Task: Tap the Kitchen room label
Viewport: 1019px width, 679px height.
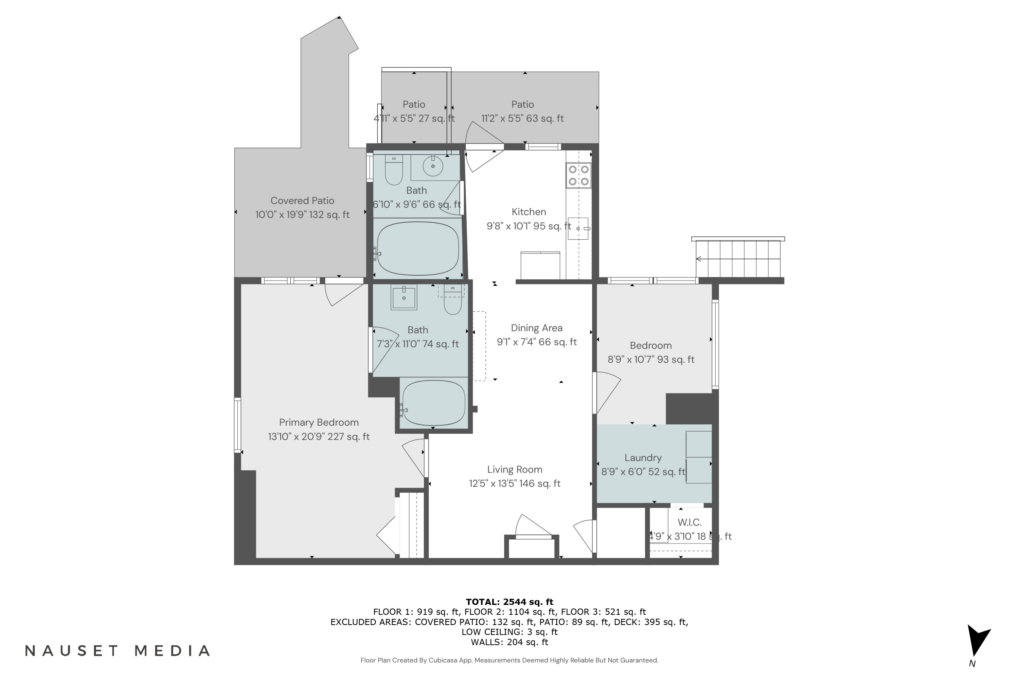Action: coord(529,212)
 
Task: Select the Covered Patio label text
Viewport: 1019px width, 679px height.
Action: coord(302,201)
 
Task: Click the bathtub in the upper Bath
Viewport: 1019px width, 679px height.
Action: coord(418,249)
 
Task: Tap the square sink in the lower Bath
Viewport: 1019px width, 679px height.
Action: coord(404,297)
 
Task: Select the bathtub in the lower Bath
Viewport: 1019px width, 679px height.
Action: coord(433,403)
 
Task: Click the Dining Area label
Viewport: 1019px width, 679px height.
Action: coord(536,328)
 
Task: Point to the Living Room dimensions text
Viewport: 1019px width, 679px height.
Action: coord(514,483)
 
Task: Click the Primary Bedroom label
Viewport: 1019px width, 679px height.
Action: coord(319,422)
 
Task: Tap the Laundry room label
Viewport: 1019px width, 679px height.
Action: coord(643,458)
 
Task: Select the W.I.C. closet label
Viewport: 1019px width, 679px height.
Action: coord(689,522)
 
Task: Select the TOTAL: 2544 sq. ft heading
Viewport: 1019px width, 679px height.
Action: coord(509,602)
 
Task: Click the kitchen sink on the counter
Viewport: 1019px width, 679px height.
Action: coord(578,228)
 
